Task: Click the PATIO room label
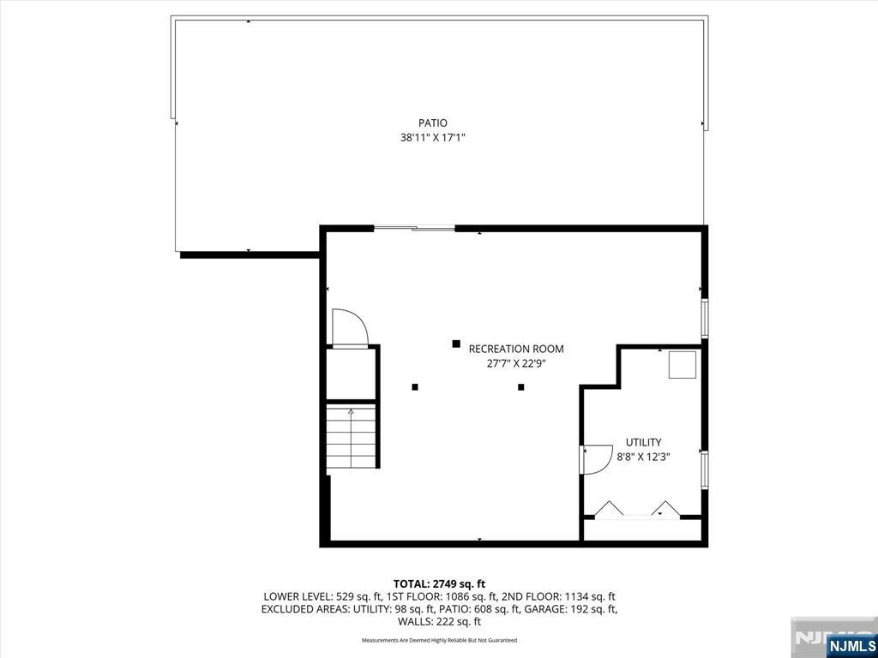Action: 433,123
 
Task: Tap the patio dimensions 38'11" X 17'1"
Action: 433,138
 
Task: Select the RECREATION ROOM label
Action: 516,350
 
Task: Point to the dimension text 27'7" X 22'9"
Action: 516,363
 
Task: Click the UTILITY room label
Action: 643,443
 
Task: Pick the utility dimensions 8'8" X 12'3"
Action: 643,457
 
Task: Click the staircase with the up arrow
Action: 351,437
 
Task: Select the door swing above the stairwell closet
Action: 350,328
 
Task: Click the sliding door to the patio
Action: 414,228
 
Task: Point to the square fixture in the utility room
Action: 683,365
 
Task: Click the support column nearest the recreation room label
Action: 456,344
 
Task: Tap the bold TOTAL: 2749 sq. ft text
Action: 439,584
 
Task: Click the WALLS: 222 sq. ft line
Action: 439,622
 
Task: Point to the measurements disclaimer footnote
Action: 439,640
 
